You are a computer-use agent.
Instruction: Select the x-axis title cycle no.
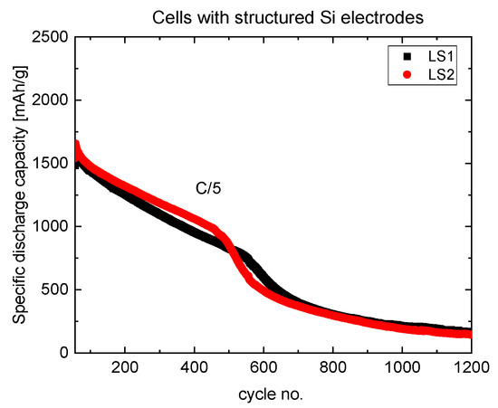tap(270, 395)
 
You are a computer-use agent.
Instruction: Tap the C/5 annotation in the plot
tap(207, 189)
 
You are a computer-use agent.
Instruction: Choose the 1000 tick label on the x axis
tap(402, 369)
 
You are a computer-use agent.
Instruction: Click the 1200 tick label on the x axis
tap(469, 369)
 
